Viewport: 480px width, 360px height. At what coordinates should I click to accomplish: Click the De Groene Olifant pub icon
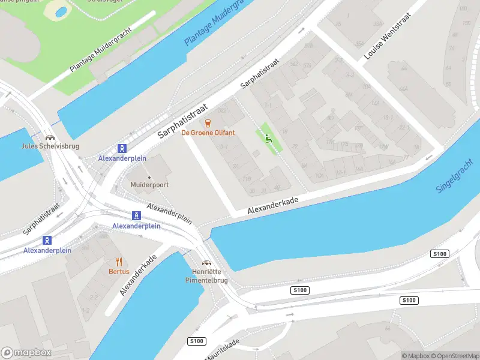tap(208, 123)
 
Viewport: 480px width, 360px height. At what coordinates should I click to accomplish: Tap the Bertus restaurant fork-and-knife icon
tap(119, 261)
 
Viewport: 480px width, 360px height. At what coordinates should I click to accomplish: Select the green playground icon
tap(268, 137)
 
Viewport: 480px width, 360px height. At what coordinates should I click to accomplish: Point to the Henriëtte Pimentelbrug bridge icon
tap(206, 262)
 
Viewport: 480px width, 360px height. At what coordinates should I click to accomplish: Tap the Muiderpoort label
tap(149, 185)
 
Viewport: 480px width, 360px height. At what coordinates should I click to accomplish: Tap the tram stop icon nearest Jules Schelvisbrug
tap(122, 148)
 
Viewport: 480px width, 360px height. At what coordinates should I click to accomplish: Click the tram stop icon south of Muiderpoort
tap(137, 216)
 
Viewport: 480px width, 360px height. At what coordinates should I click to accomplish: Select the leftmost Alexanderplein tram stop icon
tap(47, 240)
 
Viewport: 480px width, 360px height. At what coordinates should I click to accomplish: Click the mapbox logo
tap(25, 353)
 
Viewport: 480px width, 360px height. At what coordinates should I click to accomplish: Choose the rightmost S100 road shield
tap(439, 254)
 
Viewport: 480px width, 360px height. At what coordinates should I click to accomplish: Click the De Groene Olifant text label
tap(208, 133)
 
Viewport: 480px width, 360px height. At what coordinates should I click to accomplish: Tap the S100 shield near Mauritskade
tap(196, 341)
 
